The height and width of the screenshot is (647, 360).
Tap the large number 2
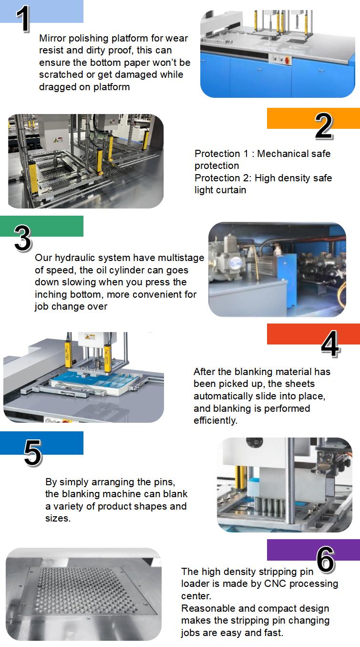(x=324, y=125)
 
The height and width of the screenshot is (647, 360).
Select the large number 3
(x=23, y=238)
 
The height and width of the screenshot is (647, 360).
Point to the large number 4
(x=330, y=343)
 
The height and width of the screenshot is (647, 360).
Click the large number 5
(x=33, y=453)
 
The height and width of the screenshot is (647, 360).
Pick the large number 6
(x=326, y=560)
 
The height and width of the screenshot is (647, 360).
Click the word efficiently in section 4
(x=216, y=420)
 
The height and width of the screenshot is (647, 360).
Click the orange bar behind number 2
(x=313, y=118)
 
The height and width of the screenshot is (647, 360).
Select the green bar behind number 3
(x=41, y=226)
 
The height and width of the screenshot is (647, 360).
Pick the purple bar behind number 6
(x=313, y=550)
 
